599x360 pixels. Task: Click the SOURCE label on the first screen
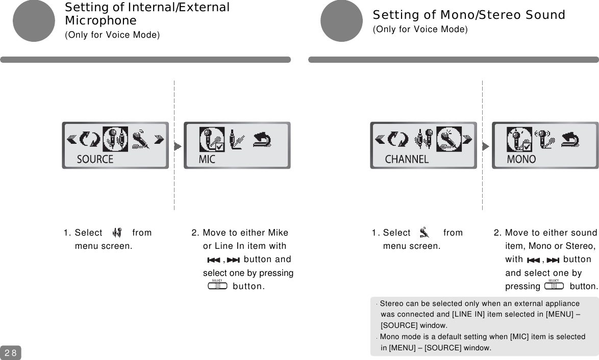[x=95, y=159]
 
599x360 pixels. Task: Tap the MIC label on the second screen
[x=207, y=159]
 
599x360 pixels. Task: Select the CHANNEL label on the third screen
[x=407, y=159]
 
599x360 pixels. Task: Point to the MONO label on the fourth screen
[x=521, y=159]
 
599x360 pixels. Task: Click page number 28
[x=10, y=352]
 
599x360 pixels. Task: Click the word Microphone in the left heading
[x=101, y=21]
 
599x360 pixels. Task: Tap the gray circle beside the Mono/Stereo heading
[x=341, y=20]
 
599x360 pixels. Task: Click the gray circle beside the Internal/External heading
[x=33, y=20]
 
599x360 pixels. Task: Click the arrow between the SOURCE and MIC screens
[x=177, y=146]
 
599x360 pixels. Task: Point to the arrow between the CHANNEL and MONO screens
[x=485, y=146]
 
